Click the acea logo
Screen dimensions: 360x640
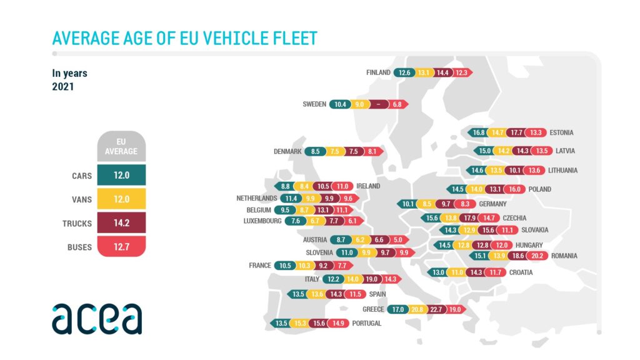point(97,319)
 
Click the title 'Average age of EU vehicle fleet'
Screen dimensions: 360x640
point(184,38)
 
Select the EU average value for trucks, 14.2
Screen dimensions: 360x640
point(122,223)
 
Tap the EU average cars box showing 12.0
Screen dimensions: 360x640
point(122,176)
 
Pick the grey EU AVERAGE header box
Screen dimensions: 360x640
point(122,147)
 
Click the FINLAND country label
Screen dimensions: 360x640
point(378,72)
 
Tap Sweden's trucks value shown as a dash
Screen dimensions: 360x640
point(377,104)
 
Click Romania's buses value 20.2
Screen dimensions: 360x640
point(537,256)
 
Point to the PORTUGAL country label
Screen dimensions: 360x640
point(366,323)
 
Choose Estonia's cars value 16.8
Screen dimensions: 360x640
point(479,132)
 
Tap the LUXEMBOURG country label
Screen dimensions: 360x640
point(262,221)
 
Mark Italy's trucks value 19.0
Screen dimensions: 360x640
point(371,279)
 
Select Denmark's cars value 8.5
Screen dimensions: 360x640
point(315,151)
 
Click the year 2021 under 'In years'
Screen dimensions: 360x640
point(63,87)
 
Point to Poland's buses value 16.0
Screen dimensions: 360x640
point(515,189)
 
